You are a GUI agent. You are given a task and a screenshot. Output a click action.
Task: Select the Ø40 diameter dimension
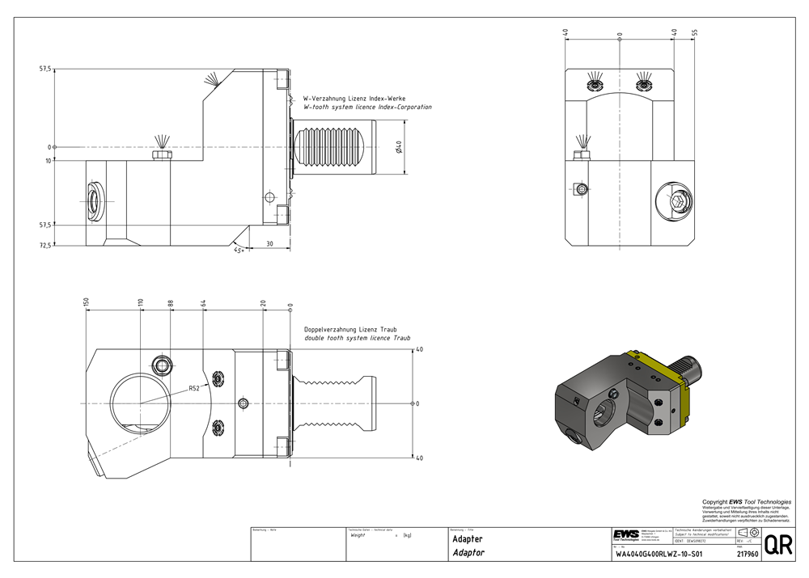(x=398, y=147)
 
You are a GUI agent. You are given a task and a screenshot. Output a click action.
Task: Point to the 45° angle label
(x=238, y=250)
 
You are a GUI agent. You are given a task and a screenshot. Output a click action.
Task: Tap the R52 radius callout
(x=194, y=388)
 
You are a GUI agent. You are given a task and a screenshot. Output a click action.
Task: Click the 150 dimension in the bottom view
(x=86, y=302)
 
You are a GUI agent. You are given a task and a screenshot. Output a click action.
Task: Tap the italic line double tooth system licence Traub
(x=357, y=338)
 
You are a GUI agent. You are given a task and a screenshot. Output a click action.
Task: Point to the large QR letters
(x=778, y=545)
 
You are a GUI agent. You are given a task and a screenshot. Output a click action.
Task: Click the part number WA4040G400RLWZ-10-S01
(x=658, y=555)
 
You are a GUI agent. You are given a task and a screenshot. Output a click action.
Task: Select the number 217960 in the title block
(x=748, y=555)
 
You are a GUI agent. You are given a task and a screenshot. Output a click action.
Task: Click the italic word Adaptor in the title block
(x=468, y=553)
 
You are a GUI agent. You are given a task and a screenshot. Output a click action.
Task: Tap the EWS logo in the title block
(x=625, y=537)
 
